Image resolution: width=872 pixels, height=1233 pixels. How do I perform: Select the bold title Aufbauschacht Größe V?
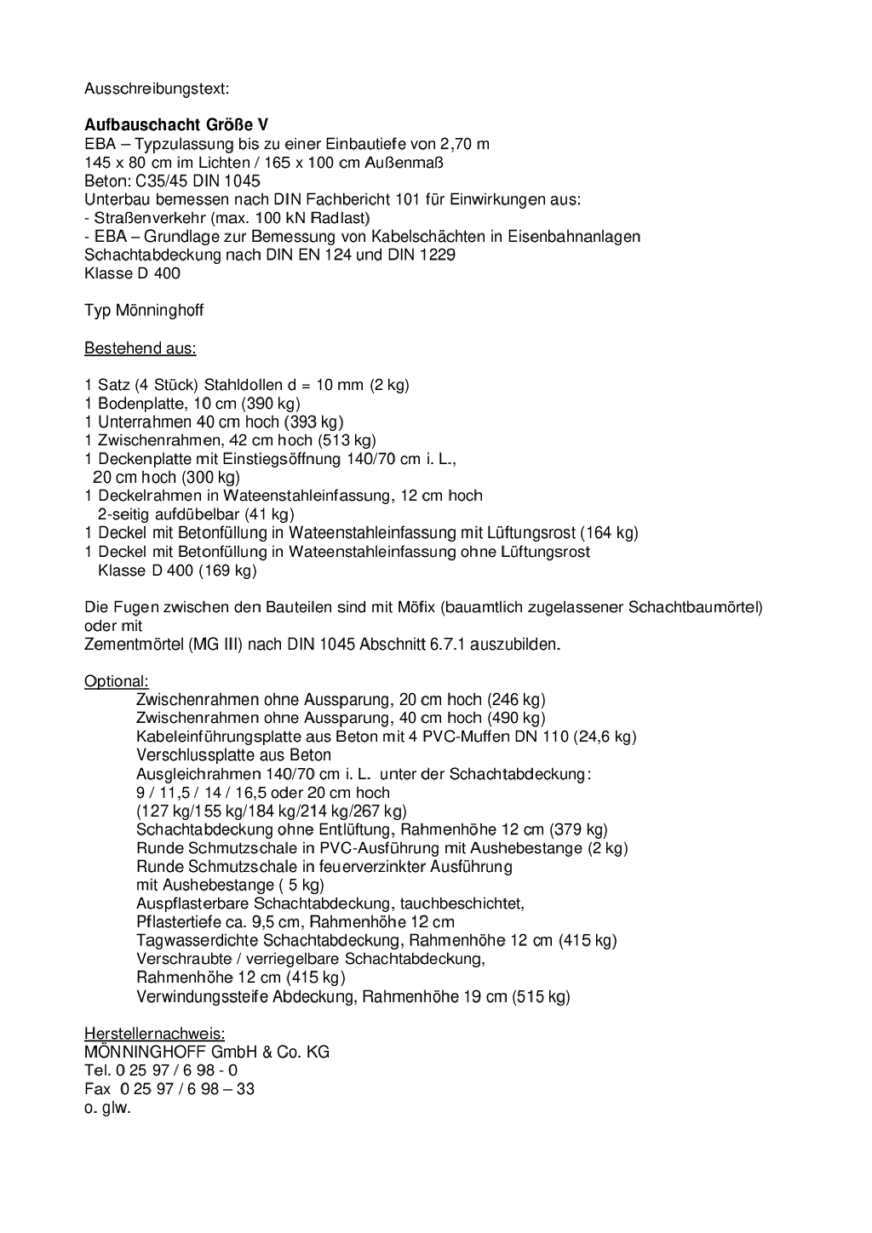[176, 125]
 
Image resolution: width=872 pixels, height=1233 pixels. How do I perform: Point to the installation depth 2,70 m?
[464, 144]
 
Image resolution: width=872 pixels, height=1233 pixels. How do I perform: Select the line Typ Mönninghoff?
[144, 311]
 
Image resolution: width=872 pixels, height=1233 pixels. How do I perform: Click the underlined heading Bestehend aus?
[140, 348]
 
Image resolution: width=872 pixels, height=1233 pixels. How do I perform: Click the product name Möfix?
[416, 608]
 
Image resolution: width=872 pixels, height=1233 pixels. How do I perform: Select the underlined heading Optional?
[117, 681]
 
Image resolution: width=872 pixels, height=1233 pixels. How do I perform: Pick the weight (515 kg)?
[541, 996]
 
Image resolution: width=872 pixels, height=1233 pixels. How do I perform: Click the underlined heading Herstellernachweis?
[154, 1034]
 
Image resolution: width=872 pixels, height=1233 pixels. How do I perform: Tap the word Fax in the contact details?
[97, 1089]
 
